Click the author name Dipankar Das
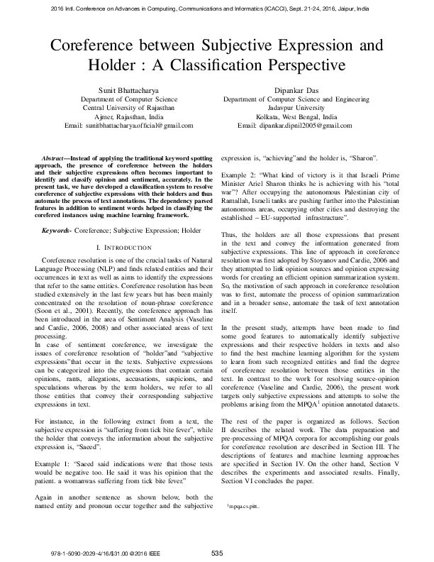click(303, 92)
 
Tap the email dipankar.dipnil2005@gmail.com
click(301, 126)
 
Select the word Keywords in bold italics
click(58, 231)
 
